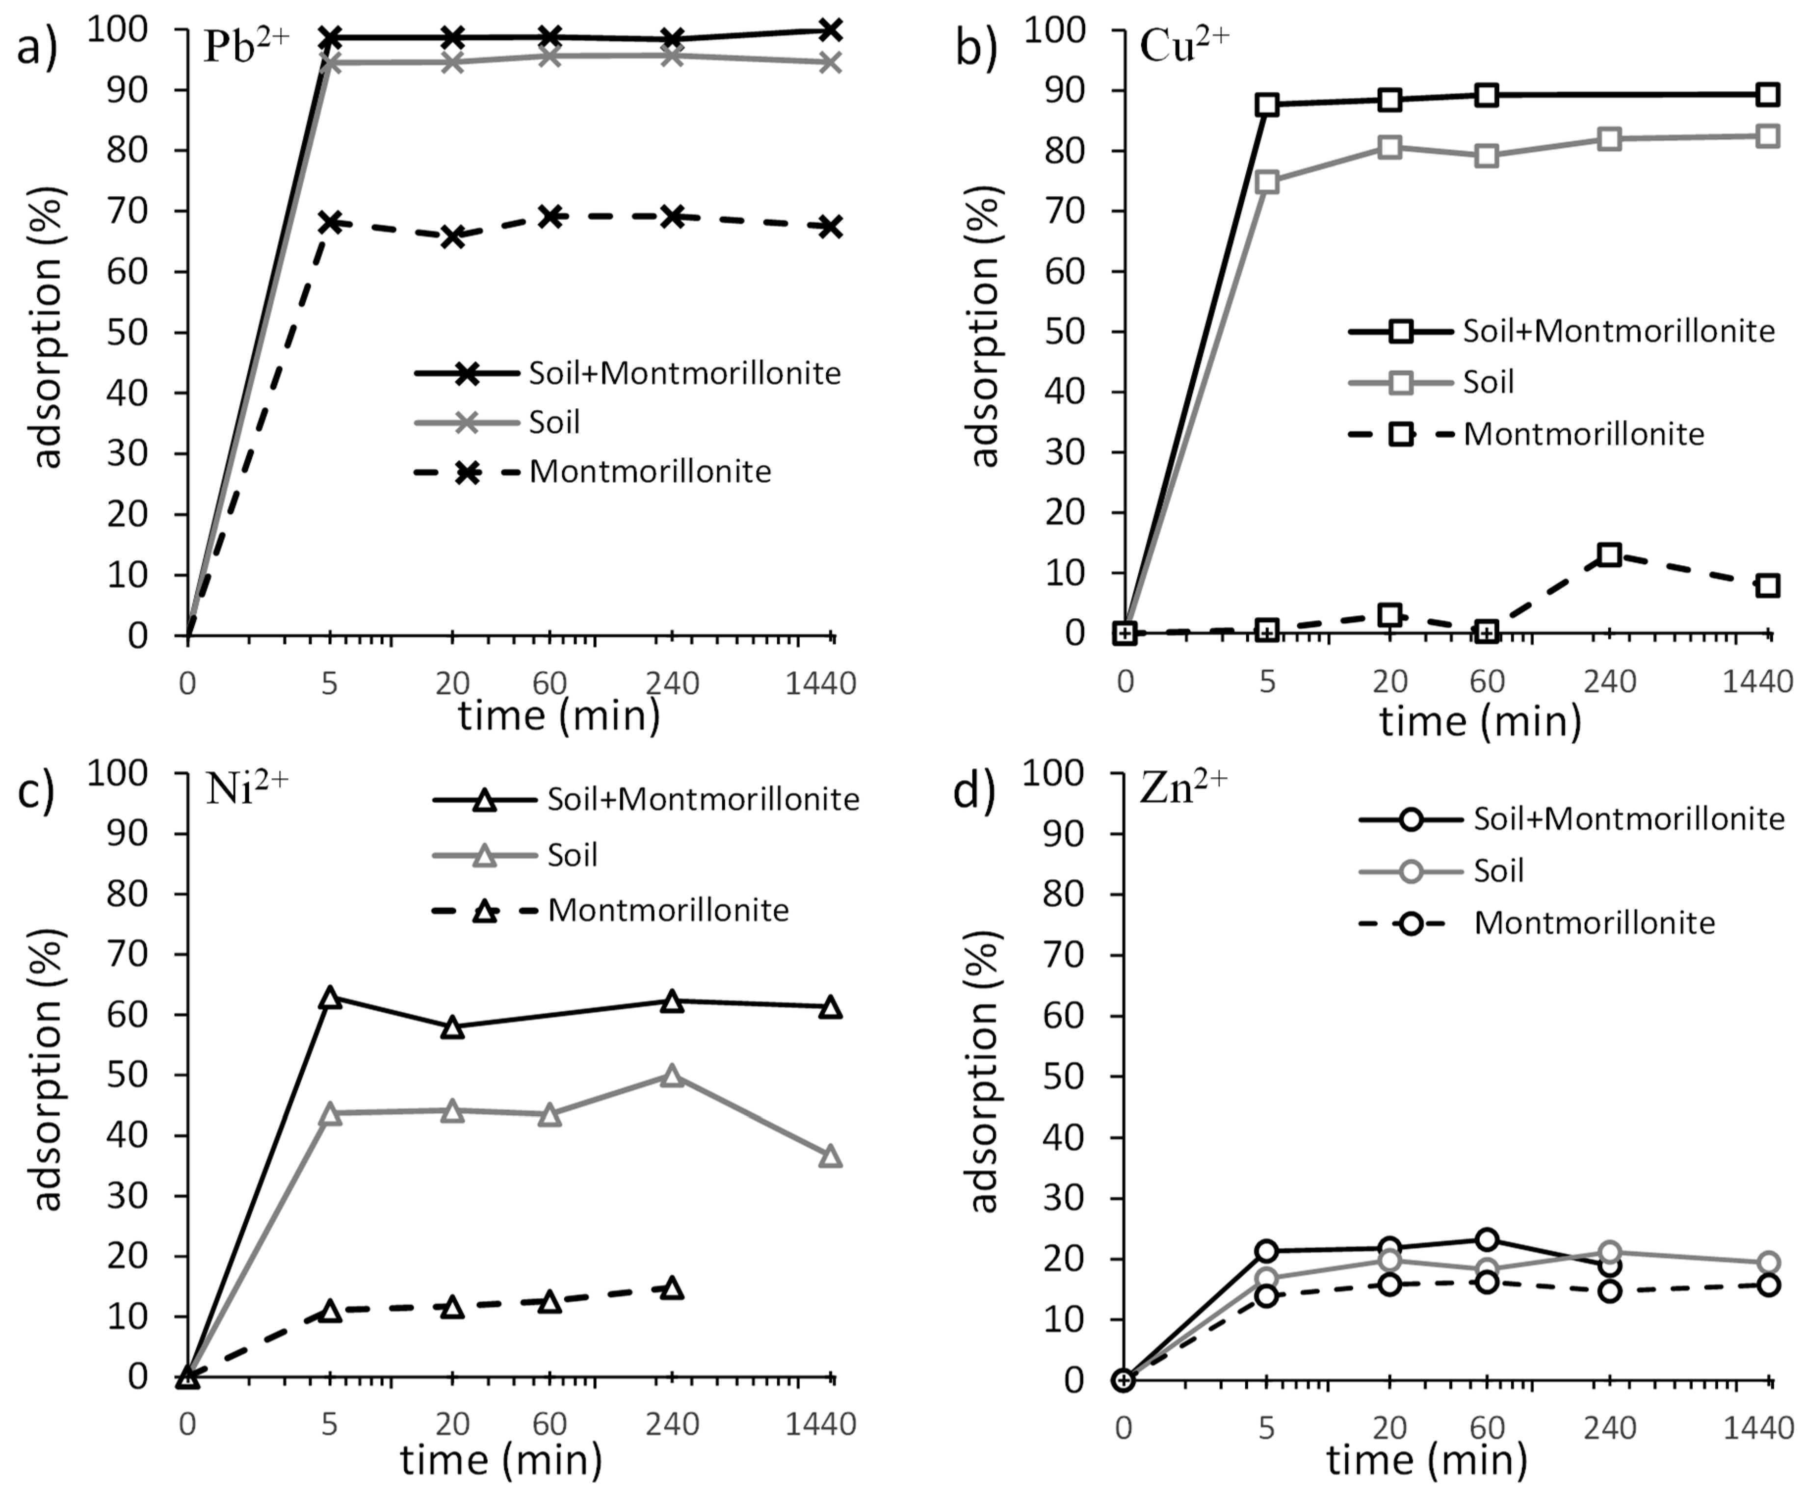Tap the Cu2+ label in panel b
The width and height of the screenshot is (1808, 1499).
(1184, 48)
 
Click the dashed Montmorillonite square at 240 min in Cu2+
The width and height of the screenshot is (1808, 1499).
(1609, 554)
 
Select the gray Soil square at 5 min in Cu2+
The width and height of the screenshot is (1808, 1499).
(1266, 182)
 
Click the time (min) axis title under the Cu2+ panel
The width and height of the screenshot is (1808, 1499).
(1481, 721)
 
